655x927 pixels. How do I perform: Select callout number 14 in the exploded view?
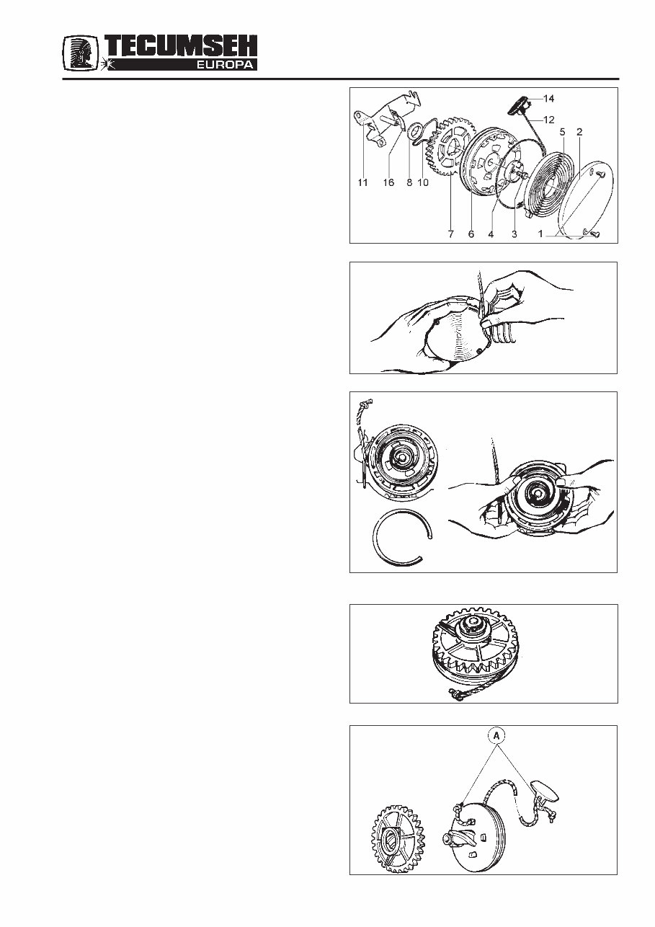(549, 97)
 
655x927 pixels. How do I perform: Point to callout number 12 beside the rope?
(549, 119)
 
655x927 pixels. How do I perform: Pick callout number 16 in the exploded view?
(388, 183)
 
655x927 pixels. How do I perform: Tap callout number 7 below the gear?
(450, 234)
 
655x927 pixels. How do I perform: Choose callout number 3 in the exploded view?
(514, 234)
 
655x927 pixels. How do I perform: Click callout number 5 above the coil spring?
(563, 132)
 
